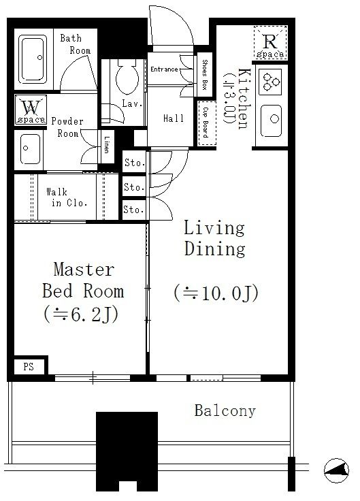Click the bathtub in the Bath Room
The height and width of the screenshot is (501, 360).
[32, 59]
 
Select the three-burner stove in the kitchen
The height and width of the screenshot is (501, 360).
[270, 82]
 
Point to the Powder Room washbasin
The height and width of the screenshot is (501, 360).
[30, 149]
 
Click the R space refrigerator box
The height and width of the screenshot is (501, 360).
[270, 43]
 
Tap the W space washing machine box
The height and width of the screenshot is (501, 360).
[31, 110]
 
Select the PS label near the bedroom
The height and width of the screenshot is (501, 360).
[29, 366]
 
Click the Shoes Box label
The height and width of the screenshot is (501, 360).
[205, 75]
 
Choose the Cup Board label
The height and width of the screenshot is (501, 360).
[206, 123]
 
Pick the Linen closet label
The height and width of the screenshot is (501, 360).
[107, 145]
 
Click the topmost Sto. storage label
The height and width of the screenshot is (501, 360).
[135, 163]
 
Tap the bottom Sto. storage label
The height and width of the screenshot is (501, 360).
[134, 210]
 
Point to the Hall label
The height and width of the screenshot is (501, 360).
[174, 118]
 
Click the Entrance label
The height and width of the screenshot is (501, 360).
[164, 69]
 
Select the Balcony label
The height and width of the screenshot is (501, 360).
[225, 411]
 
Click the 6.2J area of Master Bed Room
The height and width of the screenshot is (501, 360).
[81, 314]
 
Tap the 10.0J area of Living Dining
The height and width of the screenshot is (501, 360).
[216, 293]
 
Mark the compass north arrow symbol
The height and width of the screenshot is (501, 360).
[336, 470]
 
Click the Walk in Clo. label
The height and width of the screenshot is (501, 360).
[67, 197]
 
